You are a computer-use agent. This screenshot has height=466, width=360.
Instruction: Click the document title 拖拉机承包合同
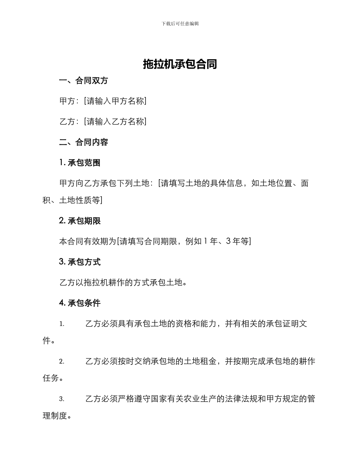[x=180, y=64]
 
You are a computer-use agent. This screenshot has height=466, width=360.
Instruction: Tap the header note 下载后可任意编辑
[x=180, y=23]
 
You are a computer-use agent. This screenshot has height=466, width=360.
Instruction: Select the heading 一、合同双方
[x=84, y=81]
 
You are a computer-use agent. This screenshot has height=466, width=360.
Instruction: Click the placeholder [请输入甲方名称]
[x=115, y=101]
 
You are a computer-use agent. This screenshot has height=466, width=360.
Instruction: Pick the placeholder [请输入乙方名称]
[x=115, y=122]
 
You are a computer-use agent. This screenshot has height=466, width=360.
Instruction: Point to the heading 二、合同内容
[x=84, y=142]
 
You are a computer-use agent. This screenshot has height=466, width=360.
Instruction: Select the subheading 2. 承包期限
[x=80, y=221]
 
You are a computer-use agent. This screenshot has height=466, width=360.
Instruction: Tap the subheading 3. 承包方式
[x=80, y=262]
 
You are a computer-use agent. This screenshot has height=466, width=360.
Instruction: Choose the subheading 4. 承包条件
[x=80, y=303]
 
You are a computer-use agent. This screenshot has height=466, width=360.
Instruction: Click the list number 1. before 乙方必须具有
[x=62, y=324]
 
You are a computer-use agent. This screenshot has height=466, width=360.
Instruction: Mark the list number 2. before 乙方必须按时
[x=62, y=361]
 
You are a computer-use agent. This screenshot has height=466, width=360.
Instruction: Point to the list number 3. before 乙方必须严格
[x=62, y=399]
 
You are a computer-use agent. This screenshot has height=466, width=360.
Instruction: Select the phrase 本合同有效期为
[x=88, y=241]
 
